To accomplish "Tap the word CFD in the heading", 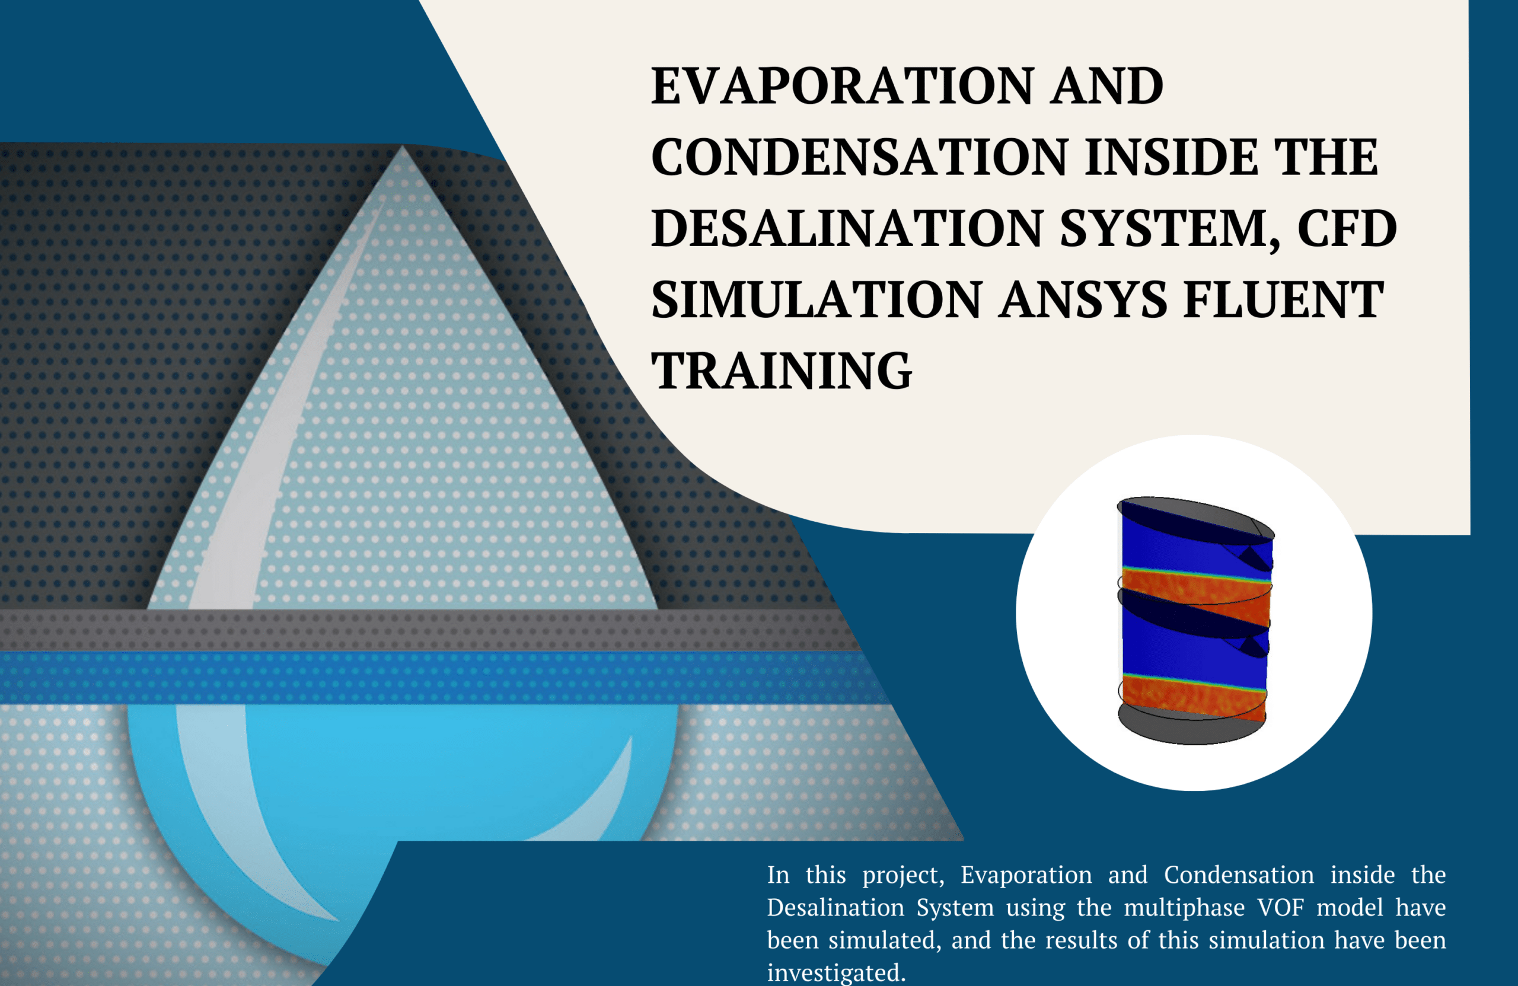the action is click(1347, 228).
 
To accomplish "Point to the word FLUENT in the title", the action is click(1284, 300).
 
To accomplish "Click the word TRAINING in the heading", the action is click(782, 371).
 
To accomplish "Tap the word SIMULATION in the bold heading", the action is click(817, 300).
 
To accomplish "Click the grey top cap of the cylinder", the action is click(1195, 519).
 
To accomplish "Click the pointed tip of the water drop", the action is click(403, 146).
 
